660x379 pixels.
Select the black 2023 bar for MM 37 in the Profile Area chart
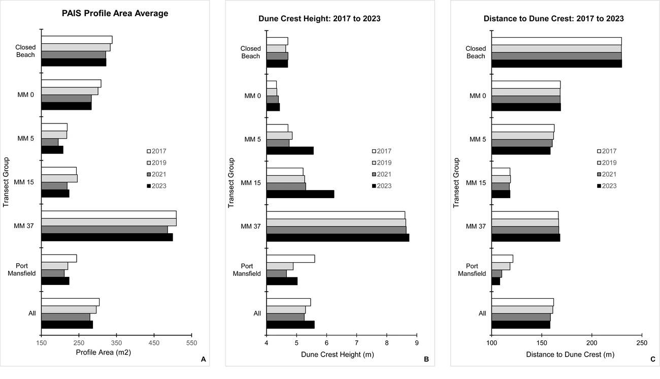(107, 237)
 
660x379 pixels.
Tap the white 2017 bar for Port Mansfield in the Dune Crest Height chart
(290, 259)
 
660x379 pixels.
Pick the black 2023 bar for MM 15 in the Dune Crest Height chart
(300, 194)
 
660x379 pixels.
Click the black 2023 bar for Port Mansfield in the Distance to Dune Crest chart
(496, 281)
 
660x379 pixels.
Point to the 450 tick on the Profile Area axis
(154, 343)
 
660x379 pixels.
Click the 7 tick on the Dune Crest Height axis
(357, 343)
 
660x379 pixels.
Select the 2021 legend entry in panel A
(156, 174)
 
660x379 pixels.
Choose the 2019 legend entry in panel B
(382, 163)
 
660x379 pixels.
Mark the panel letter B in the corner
(426, 360)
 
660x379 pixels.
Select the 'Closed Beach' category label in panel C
(476, 52)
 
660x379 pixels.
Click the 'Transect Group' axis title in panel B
(231, 183)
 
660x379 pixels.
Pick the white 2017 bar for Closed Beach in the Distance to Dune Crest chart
(556, 41)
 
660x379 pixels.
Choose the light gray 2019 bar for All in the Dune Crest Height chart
(286, 310)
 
